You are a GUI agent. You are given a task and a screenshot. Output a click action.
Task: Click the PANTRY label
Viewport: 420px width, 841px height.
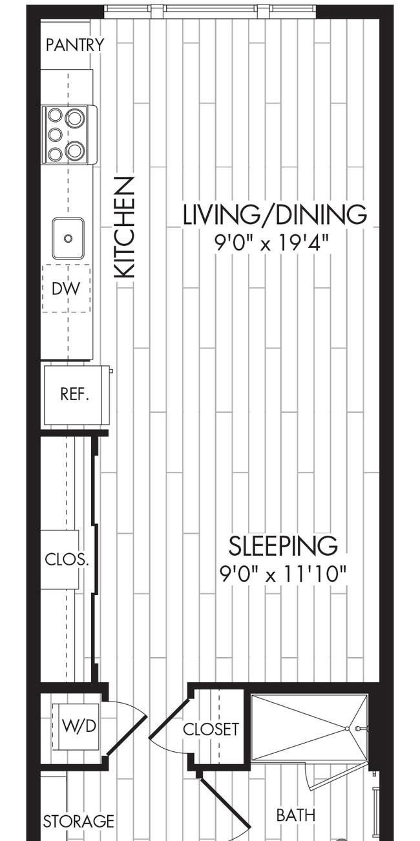(75, 45)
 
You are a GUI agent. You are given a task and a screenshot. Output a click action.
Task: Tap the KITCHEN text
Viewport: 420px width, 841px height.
(124, 228)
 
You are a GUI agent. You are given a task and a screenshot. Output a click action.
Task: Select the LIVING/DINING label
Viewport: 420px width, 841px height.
(275, 215)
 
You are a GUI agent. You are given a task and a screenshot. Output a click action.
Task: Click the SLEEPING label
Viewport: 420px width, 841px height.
(283, 545)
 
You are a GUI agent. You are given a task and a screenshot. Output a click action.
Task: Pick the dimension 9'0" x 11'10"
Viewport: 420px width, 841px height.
(282, 574)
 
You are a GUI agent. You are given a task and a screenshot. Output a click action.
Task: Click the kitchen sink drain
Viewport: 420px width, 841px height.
(68, 238)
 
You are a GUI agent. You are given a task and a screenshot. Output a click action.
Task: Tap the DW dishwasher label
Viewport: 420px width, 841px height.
(66, 289)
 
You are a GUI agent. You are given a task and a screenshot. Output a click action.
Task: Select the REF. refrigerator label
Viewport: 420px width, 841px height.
(74, 394)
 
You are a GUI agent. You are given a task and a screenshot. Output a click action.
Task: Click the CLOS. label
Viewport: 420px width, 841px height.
(67, 559)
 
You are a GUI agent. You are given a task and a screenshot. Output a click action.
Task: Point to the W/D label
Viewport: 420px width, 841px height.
(79, 726)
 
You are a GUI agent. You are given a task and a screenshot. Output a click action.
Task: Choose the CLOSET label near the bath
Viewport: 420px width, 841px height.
(211, 729)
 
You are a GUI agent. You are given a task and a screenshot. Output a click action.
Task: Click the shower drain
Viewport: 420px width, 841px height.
(348, 729)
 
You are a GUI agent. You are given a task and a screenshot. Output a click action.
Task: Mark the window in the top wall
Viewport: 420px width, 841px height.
(210, 11)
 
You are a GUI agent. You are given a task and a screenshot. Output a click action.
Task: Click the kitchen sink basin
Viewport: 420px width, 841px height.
(68, 238)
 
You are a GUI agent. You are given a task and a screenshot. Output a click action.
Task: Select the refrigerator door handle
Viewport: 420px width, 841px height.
(111, 371)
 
